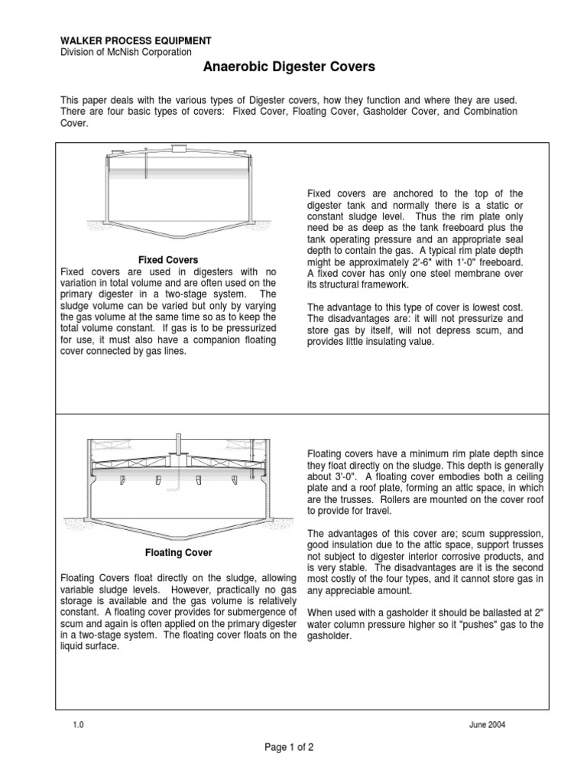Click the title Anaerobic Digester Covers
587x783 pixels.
(289, 67)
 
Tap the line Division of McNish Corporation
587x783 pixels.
(125, 51)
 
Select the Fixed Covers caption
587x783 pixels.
(167, 260)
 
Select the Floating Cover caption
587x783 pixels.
(178, 552)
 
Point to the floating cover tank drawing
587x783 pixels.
(178, 482)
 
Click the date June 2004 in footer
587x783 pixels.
(487, 725)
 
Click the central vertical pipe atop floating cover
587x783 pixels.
(178, 448)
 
